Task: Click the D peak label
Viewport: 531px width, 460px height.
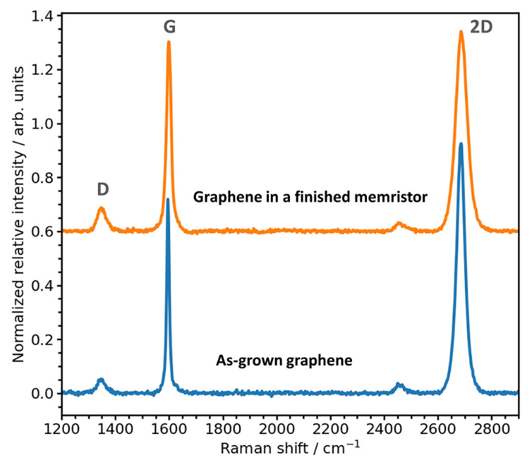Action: [x=103, y=189]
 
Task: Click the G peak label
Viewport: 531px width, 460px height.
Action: [x=170, y=27]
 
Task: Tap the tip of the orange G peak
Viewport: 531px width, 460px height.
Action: [x=168, y=42]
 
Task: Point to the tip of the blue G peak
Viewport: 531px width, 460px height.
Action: [x=167, y=199]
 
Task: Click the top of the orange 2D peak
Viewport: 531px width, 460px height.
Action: [x=461, y=31]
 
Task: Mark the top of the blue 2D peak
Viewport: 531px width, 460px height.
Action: [x=461, y=144]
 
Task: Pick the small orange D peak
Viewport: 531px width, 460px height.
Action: [x=101, y=209]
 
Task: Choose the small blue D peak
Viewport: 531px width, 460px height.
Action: [x=101, y=379]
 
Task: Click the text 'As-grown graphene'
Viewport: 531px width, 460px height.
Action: [x=284, y=361]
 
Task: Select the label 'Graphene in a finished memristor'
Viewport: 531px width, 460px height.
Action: [x=310, y=198]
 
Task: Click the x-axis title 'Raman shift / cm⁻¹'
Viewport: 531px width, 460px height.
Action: [x=290, y=447]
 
